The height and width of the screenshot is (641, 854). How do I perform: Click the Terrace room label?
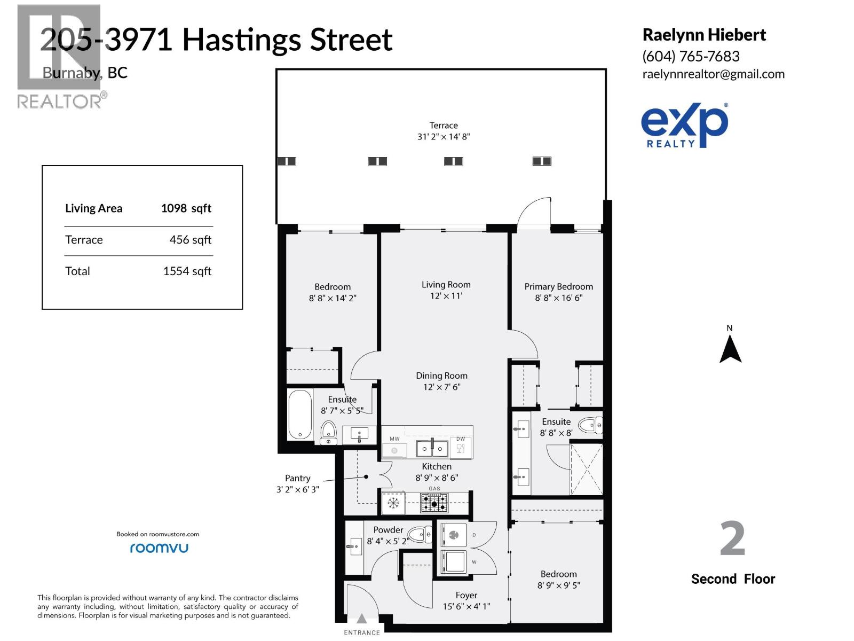pyautogui.click(x=444, y=126)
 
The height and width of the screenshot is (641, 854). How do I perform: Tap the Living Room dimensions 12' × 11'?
pyautogui.click(x=446, y=296)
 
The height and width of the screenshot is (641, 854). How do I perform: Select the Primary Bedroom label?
pyautogui.click(x=558, y=287)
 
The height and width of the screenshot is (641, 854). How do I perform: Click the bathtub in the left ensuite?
pyautogui.click(x=300, y=415)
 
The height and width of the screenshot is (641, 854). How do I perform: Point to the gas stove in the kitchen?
pyautogui.click(x=434, y=503)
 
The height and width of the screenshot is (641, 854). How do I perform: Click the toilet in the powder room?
pyautogui.click(x=420, y=534)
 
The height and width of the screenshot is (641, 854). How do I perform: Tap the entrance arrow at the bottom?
pyautogui.click(x=362, y=619)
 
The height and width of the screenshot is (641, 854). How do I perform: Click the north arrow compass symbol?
pyautogui.click(x=730, y=349)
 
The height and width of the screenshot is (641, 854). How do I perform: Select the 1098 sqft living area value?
pyautogui.click(x=186, y=208)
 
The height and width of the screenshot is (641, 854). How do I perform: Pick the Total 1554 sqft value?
pyautogui.click(x=187, y=271)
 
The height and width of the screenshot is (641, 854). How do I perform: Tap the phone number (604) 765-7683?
pyautogui.click(x=691, y=56)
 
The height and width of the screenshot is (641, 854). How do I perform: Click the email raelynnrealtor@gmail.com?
pyautogui.click(x=713, y=74)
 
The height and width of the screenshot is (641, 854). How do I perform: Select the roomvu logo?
pyautogui.click(x=159, y=548)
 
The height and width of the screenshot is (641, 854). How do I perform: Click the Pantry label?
pyautogui.click(x=297, y=479)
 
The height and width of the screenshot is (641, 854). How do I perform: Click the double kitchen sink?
pyautogui.click(x=432, y=448)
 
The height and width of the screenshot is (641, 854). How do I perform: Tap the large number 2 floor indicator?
pyautogui.click(x=732, y=539)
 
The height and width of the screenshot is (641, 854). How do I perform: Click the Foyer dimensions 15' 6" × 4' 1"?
pyautogui.click(x=466, y=606)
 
